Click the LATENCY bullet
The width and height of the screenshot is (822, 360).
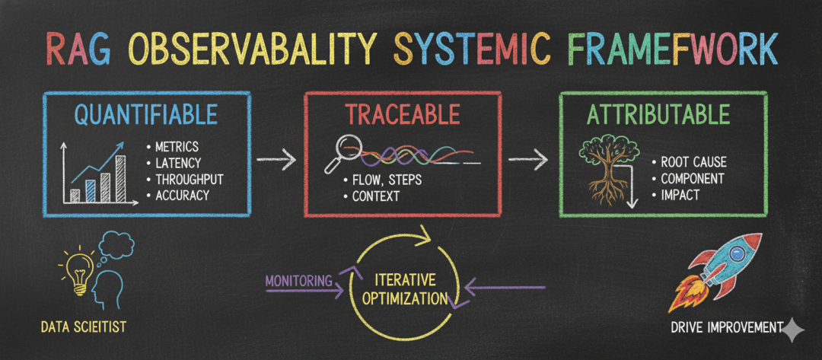[178, 161]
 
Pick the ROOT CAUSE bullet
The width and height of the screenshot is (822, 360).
[693, 161]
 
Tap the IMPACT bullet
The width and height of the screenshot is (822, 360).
[680, 195]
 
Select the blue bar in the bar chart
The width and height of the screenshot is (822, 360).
[91, 189]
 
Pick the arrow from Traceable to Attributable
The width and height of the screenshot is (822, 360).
[529, 161]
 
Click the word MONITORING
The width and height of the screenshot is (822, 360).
[298, 280]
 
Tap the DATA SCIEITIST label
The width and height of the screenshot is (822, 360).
[84, 327]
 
